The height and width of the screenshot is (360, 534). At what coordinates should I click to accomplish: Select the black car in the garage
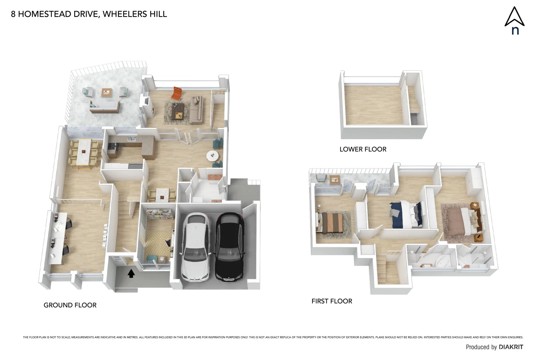pyautogui.click(x=230, y=247)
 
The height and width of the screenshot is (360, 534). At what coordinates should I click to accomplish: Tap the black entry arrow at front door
pyautogui.click(x=131, y=273)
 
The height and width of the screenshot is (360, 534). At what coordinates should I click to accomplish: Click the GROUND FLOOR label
pyautogui.click(x=70, y=305)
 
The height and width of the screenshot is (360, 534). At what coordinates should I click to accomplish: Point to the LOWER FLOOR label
pyautogui.click(x=363, y=149)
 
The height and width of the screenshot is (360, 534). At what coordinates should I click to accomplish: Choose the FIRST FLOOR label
pyautogui.click(x=332, y=301)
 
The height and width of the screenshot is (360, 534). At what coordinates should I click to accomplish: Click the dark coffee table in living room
pyautogui.click(x=177, y=111)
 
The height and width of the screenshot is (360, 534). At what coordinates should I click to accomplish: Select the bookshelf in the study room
pyautogui.click(x=159, y=214)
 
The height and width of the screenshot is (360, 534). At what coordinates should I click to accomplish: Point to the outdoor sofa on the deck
pyautogui.click(x=104, y=107)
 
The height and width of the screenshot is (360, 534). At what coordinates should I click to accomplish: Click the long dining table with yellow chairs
pyautogui.click(x=83, y=152)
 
